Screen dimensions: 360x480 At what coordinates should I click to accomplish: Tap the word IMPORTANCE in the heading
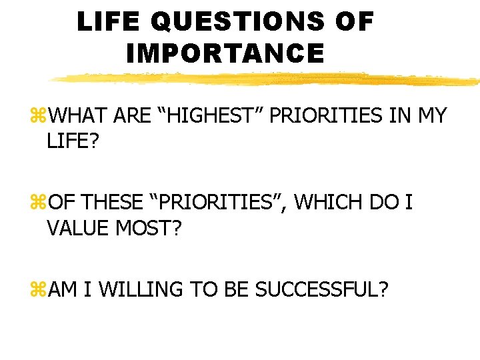pyautogui.click(x=225, y=53)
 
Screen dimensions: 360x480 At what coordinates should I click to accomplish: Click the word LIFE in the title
pyautogui.click(x=109, y=22)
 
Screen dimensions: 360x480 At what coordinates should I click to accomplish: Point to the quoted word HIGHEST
pyautogui.click(x=216, y=117)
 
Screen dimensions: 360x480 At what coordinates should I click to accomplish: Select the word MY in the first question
pyautogui.click(x=432, y=117)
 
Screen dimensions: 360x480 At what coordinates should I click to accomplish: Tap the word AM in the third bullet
pyautogui.click(x=63, y=289)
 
